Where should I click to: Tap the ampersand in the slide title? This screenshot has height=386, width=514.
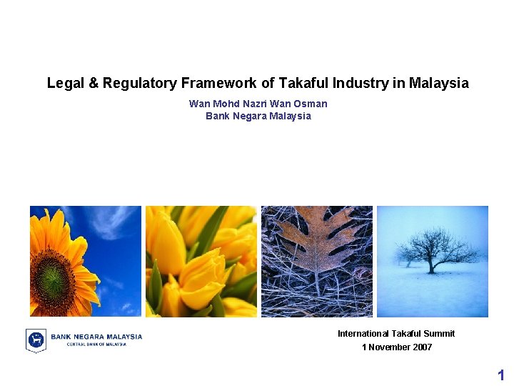tap(94, 84)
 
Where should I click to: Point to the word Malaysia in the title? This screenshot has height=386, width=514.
tap(439, 84)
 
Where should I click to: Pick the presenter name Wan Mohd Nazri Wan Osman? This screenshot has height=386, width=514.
tap(258, 104)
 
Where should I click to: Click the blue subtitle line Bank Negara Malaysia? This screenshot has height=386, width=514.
tap(258, 116)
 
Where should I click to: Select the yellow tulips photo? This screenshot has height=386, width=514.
tap(201, 262)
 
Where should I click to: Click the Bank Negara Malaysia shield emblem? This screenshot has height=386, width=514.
tap(36, 340)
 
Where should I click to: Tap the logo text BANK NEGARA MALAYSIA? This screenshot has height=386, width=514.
tap(96, 336)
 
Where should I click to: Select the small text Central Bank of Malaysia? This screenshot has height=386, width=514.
tap(96, 345)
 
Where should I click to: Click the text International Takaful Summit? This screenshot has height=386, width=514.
tap(396, 334)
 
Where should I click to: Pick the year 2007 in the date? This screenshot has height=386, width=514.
tap(421, 347)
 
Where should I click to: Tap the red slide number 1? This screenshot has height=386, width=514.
tap(501, 375)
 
